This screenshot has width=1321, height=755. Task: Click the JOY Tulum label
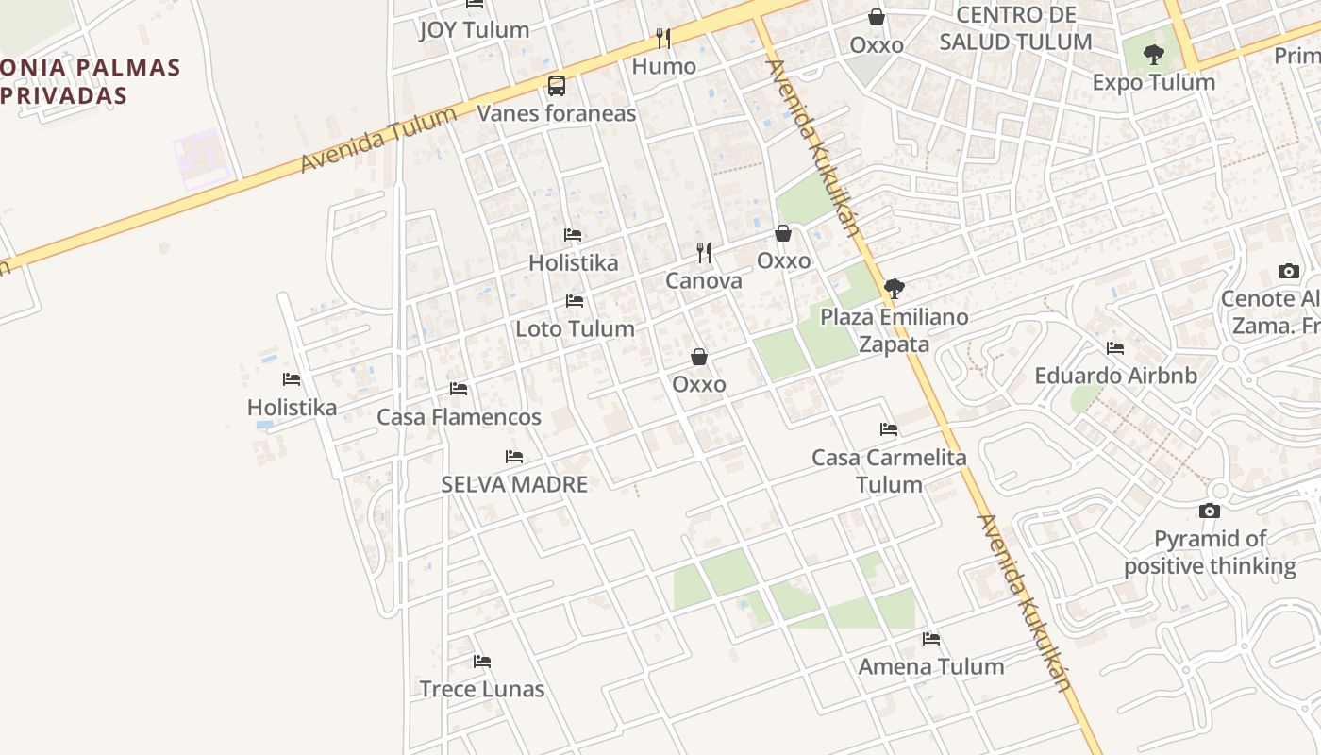point(474,30)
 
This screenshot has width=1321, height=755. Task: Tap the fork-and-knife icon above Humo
point(663,39)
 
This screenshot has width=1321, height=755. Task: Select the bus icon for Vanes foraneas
point(557,86)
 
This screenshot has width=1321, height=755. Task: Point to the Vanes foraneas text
point(557,114)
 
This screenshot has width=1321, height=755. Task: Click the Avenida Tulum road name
point(378,139)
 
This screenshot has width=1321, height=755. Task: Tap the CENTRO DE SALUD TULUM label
point(1015,28)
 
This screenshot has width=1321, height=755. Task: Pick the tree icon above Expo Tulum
point(1153,55)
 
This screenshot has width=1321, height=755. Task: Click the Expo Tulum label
point(1153,83)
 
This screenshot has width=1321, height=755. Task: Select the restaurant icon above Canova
point(704,253)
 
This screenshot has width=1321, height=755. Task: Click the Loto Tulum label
point(575,329)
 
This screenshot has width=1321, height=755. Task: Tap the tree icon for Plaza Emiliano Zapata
point(894,289)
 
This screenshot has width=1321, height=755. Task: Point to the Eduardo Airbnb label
point(1115,376)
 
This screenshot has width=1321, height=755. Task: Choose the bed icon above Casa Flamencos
point(459,389)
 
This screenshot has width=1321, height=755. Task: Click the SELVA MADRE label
point(514,485)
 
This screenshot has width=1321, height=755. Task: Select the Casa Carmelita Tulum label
point(889,471)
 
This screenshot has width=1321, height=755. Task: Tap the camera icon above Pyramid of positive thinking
point(1210,512)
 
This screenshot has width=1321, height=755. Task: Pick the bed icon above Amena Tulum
point(931,639)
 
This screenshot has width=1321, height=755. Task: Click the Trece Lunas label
point(482,690)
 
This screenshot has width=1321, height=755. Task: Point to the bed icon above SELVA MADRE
point(514,457)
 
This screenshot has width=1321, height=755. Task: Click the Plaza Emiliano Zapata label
point(894,330)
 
